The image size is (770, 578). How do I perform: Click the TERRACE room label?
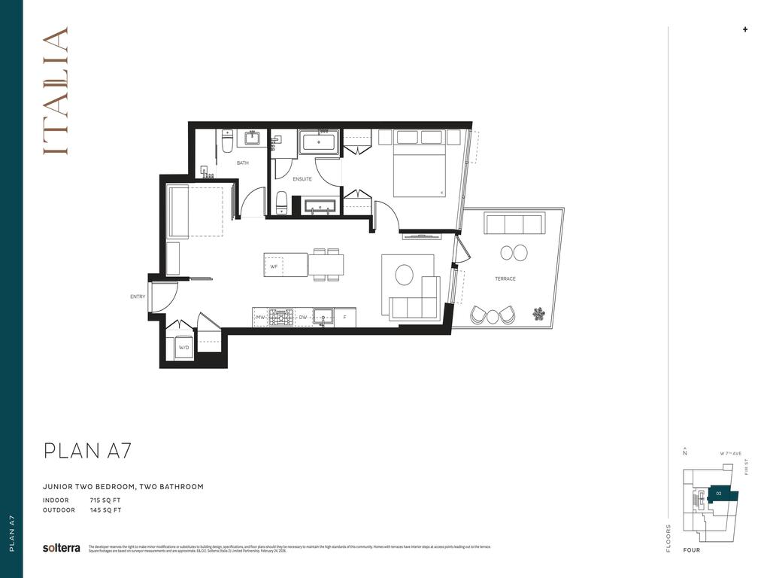(505, 279)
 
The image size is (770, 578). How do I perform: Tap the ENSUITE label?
(302, 179)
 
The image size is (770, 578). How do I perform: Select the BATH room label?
(242, 163)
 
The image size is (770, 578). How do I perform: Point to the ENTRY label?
(138, 297)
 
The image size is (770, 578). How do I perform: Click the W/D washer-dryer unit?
(183, 348)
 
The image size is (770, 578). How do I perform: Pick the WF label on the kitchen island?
(274, 266)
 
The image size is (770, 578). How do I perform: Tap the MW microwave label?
(260, 318)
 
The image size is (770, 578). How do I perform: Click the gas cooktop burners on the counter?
(281, 318)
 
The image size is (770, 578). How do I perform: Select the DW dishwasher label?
(303, 318)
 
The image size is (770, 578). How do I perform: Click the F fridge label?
(344, 318)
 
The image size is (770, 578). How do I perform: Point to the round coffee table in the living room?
(405, 275)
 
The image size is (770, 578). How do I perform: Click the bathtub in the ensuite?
(319, 141)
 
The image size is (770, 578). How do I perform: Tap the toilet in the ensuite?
(281, 202)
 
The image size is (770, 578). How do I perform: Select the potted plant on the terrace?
(538, 314)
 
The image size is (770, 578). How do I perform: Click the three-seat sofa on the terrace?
(515, 224)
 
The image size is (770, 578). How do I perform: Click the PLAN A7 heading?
(88, 451)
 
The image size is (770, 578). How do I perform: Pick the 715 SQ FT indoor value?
(105, 500)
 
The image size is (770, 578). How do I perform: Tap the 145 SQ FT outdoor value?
(105, 510)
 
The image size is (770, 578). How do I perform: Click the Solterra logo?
(62, 548)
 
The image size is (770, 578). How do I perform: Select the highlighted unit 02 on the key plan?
(720, 494)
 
